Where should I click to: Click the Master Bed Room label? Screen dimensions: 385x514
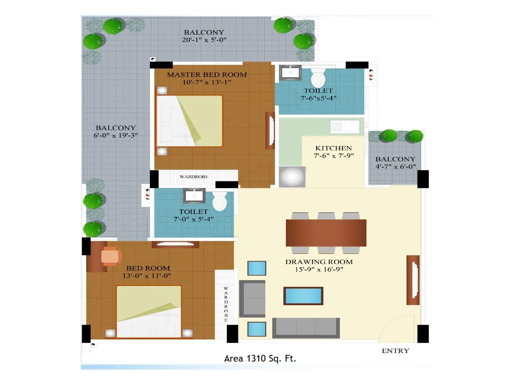[207, 75]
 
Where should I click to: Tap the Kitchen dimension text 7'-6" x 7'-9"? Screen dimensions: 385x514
[334, 156]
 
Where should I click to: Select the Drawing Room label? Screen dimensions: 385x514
[319, 262]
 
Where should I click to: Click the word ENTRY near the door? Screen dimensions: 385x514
[395, 351]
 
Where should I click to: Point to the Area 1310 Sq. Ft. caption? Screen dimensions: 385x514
[260, 358]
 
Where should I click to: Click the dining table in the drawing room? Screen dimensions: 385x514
[326, 233]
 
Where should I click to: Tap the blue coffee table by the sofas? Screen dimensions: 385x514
[303, 296]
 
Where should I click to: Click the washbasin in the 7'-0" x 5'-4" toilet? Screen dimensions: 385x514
[194, 195]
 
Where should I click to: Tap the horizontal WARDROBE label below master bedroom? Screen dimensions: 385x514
[194, 177]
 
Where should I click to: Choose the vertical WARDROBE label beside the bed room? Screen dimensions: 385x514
[226, 304]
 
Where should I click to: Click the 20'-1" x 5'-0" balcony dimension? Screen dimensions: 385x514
[204, 40]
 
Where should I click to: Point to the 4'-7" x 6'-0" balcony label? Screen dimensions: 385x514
[395, 167]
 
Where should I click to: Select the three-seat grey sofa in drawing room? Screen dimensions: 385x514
[306, 328]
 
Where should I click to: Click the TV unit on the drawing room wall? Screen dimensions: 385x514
[413, 280]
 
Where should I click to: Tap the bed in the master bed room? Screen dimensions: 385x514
[190, 121]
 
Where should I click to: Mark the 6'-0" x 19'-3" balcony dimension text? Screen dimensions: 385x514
[116, 135]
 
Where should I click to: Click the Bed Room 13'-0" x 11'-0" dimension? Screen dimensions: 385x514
[147, 276]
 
